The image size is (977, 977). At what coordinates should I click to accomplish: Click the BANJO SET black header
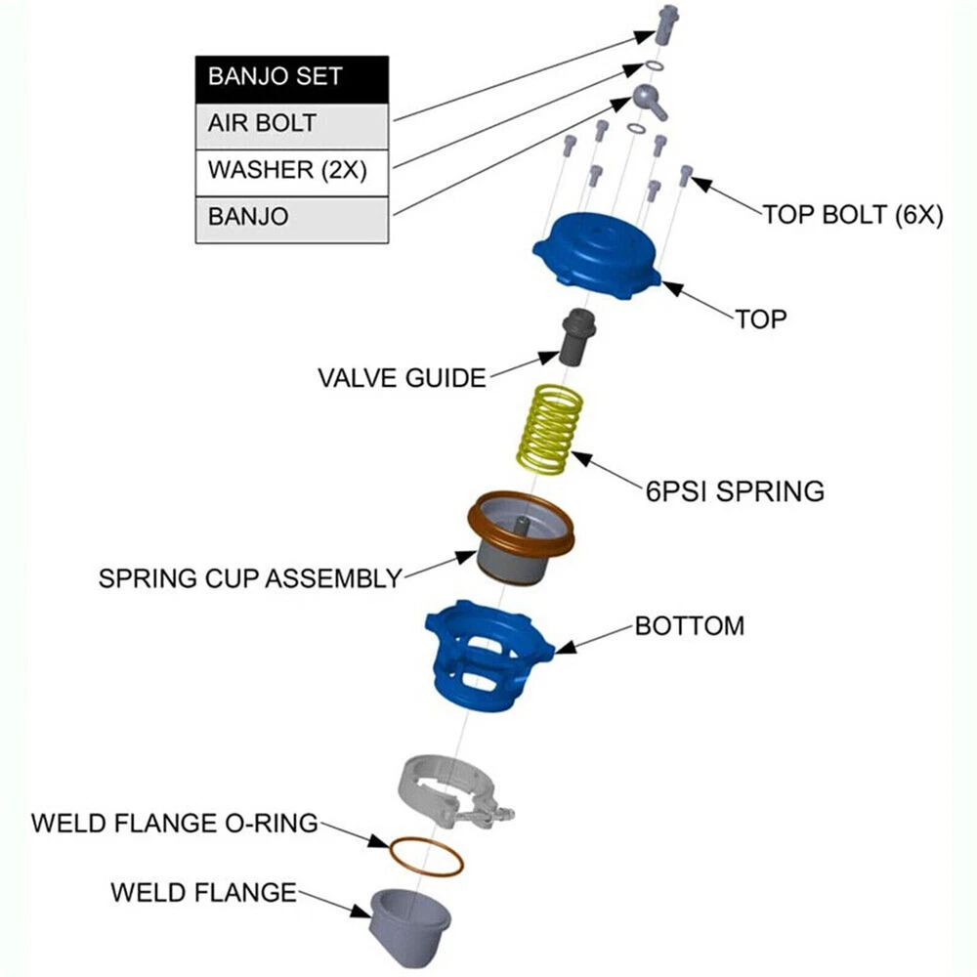pyautogui.click(x=292, y=77)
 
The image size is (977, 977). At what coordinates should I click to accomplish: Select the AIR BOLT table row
pyautogui.click(x=292, y=124)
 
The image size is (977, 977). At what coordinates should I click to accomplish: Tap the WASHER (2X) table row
pyautogui.click(x=292, y=170)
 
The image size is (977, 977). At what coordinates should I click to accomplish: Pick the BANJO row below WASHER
pyautogui.click(x=292, y=216)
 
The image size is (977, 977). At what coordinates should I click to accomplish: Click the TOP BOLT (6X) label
pyautogui.click(x=852, y=216)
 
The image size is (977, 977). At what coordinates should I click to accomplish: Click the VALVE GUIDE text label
pyautogui.click(x=402, y=377)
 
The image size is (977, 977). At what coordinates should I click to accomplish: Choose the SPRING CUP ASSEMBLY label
pyautogui.click(x=250, y=577)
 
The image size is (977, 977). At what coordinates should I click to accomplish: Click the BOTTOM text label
pyautogui.click(x=689, y=625)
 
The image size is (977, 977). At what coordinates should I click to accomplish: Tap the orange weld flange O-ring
pyautogui.click(x=426, y=856)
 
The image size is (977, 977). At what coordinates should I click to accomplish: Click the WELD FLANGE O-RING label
pyautogui.click(x=175, y=823)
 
